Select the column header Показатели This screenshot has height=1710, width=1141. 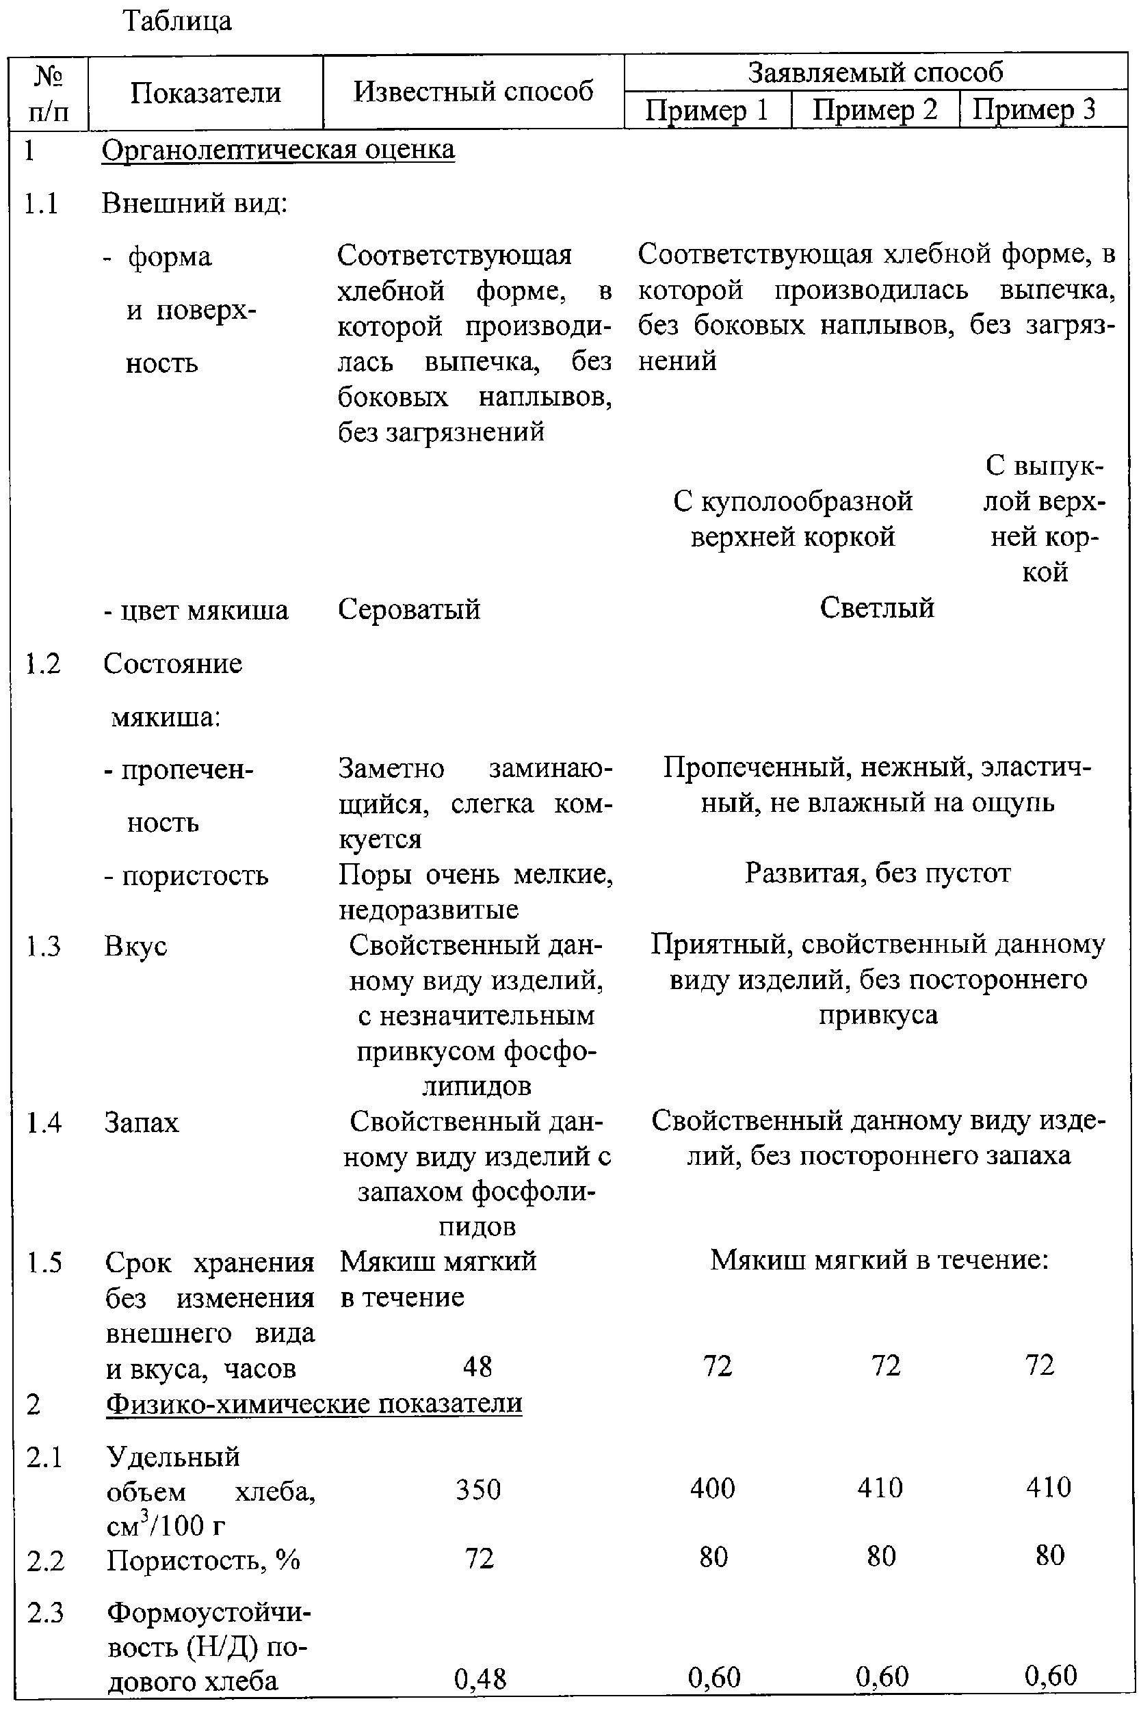coord(205,93)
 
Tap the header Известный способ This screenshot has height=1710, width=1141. coord(473,92)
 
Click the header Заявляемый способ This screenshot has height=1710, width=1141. coord(876,72)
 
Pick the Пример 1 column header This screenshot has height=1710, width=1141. coord(707,110)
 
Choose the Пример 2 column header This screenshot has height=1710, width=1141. coord(875,110)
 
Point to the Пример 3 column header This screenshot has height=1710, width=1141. coord(1034,109)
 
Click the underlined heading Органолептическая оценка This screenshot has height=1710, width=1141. coord(278,150)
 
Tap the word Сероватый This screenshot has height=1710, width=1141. coord(409,609)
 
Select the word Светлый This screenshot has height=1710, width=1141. coord(877,607)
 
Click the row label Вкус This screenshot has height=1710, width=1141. coord(135,946)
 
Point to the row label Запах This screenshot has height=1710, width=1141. coord(141,1122)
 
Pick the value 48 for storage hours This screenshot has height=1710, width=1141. coord(477,1367)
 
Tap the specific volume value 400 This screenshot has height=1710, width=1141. coord(712,1488)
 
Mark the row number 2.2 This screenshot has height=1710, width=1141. coord(45,1561)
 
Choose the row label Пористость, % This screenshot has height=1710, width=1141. coord(203,1560)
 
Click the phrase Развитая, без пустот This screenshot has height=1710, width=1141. coord(878,873)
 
